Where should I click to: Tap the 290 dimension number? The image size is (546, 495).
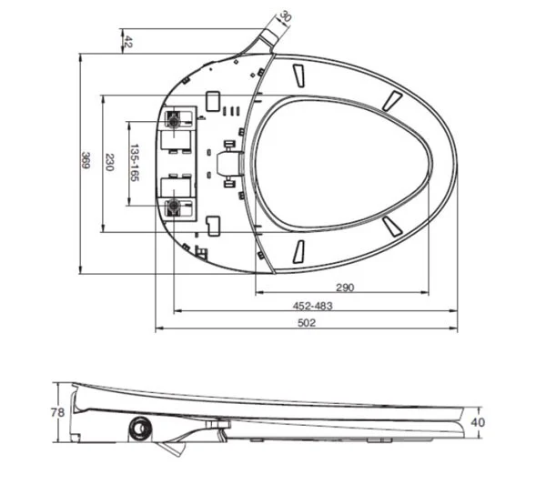pyautogui.click(x=344, y=288)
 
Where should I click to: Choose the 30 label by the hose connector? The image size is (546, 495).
pyautogui.click(x=285, y=16)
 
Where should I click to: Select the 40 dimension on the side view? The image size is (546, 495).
pyautogui.click(x=479, y=422)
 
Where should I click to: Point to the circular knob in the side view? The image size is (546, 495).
pyautogui.click(x=142, y=427)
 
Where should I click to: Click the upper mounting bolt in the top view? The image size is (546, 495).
pyautogui.click(x=173, y=119)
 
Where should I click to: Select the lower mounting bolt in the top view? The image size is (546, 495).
pyautogui.click(x=173, y=206)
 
